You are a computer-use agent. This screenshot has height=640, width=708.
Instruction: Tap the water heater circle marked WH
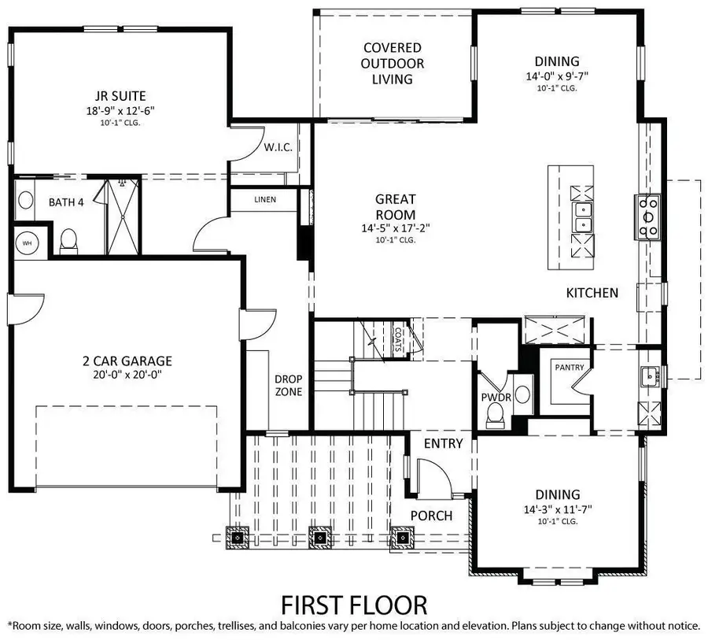click(x=27, y=242)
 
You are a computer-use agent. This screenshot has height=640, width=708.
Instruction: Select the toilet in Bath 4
click(x=68, y=240)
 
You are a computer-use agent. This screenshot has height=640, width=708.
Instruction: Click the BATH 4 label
click(x=66, y=202)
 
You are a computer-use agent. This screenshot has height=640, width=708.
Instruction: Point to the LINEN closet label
click(x=265, y=200)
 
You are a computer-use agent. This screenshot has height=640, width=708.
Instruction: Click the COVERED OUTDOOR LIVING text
click(x=392, y=64)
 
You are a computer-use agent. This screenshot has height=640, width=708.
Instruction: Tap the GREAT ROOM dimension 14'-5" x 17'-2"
click(x=395, y=228)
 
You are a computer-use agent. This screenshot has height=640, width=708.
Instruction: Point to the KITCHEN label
click(x=592, y=293)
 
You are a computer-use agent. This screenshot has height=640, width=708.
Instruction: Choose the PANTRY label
click(x=568, y=368)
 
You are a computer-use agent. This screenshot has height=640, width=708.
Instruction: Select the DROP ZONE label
click(x=288, y=385)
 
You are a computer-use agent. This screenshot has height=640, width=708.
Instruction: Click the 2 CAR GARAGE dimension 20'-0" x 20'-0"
click(x=127, y=375)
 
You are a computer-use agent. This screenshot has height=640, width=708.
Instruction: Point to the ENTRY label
click(x=443, y=443)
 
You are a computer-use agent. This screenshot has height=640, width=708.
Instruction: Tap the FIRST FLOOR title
click(x=354, y=605)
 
